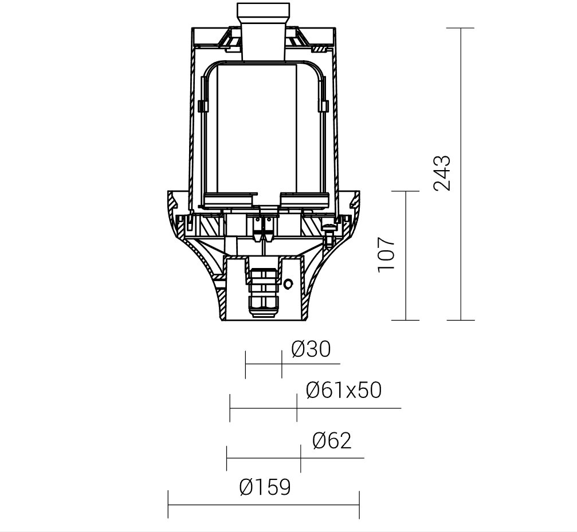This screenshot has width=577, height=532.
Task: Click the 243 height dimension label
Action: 442,173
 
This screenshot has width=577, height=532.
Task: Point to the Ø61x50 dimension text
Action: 344,390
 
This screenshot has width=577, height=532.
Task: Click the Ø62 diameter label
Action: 332,440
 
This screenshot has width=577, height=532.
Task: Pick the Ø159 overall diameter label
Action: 265,487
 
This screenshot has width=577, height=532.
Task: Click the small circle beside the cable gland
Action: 289,283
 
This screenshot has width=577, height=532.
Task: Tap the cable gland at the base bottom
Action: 262,292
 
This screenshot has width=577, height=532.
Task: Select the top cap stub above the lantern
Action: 264,31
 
